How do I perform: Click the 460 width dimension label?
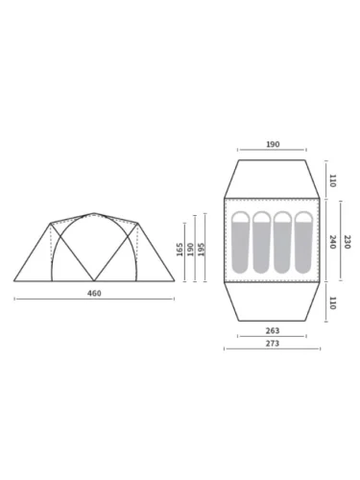point(94,293)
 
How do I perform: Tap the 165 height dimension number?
point(180,250)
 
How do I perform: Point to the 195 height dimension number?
point(201,250)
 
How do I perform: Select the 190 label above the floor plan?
point(273,144)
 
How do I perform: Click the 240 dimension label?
point(332,242)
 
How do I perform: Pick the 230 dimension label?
point(348,242)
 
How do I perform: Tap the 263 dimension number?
point(273,330)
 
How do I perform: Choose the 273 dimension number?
point(273,344)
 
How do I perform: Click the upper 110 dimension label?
point(332,180)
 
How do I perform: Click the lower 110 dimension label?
point(332,303)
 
